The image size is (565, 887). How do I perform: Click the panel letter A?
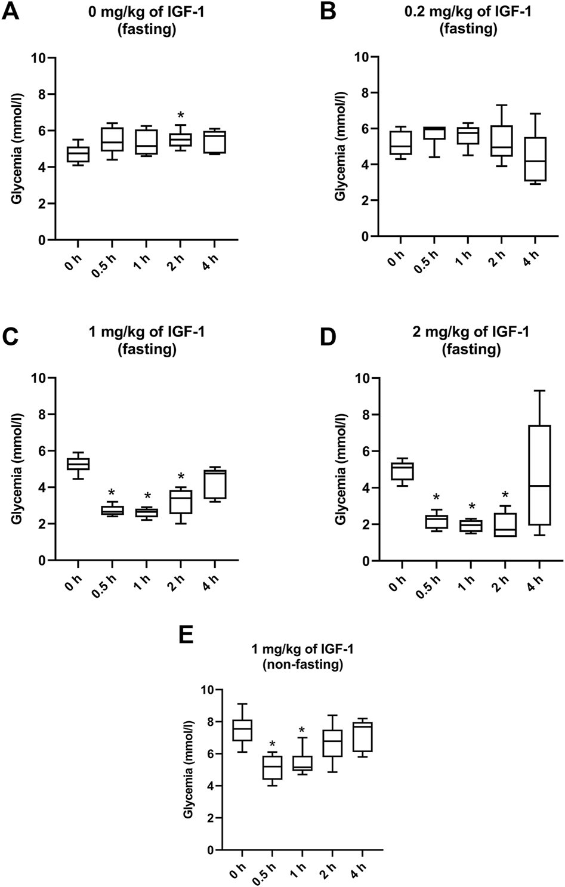[13, 11]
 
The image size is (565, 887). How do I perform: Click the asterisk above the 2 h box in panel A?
[180, 116]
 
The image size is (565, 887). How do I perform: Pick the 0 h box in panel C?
[78, 463]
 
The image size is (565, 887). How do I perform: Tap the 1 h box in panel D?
[471, 526]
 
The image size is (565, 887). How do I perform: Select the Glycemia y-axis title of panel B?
[341, 147]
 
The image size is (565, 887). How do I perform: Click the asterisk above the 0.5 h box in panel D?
[437, 497]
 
